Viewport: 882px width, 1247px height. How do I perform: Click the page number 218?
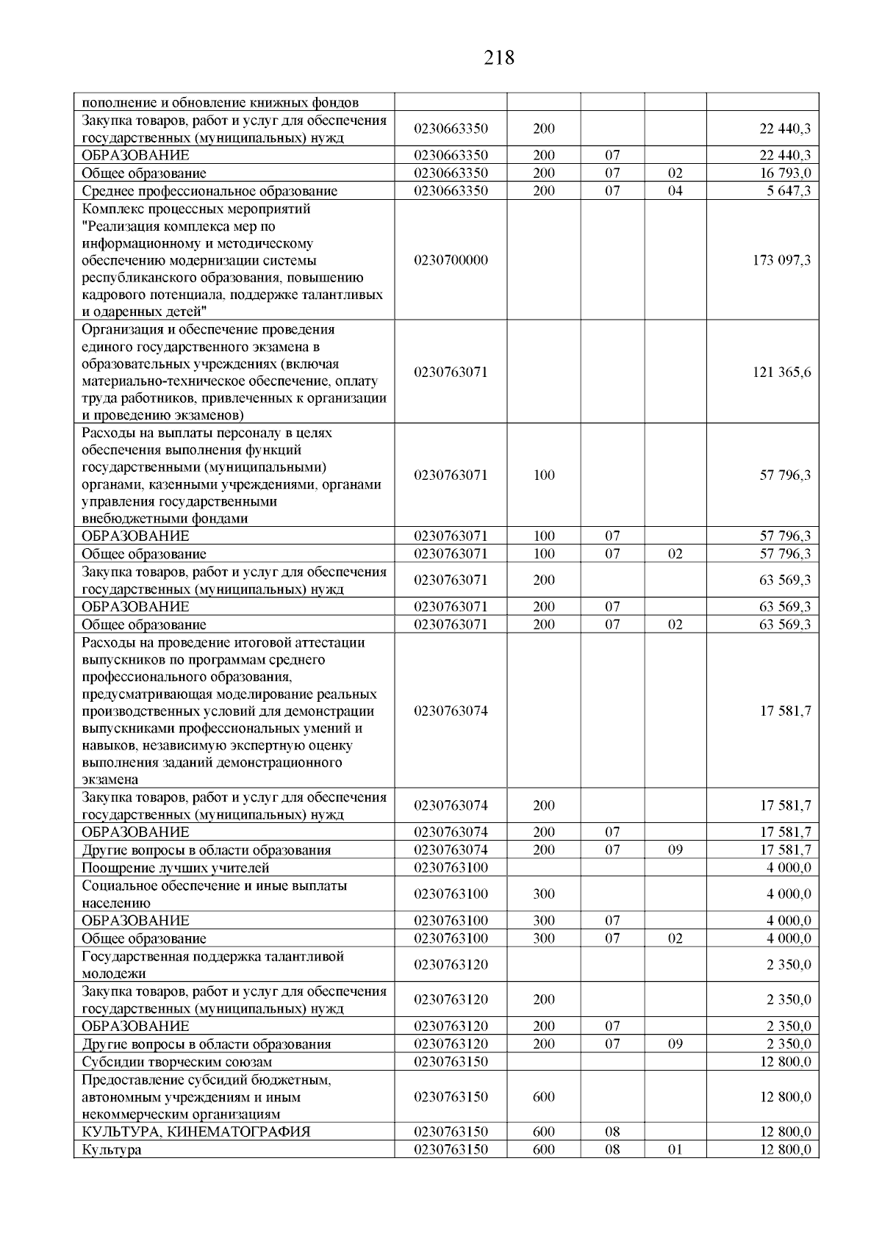click(x=499, y=57)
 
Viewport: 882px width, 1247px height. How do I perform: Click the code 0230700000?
click(x=451, y=260)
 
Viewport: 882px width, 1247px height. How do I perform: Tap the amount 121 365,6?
click(x=781, y=372)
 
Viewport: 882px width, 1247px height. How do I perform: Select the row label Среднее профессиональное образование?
click(x=209, y=191)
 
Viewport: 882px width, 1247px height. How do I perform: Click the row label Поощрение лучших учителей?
click(x=176, y=868)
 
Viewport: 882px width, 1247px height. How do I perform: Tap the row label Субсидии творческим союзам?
click(x=176, y=1062)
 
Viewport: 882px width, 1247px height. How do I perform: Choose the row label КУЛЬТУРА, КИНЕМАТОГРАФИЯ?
click(x=196, y=1132)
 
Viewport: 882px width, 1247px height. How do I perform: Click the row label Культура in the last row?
click(x=111, y=1150)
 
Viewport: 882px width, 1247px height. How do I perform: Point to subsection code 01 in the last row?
click(x=675, y=1150)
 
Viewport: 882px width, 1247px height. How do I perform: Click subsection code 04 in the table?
click(x=675, y=191)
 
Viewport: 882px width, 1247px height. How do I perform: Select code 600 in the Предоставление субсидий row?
click(x=544, y=1097)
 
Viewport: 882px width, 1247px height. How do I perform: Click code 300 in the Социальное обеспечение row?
click(x=544, y=894)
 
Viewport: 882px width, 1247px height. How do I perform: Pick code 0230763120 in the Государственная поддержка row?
click(x=451, y=965)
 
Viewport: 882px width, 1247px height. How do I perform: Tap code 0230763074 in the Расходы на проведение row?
click(x=451, y=711)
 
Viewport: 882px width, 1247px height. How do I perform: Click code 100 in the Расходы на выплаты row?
click(x=544, y=475)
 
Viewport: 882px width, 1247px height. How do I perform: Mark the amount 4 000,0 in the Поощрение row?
click(x=789, y=868)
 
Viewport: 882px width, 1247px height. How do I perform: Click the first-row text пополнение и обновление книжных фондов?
click(x=220, y=102)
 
